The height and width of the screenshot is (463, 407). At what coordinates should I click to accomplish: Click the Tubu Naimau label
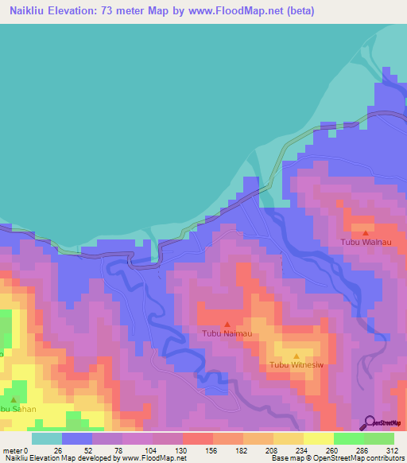[x=227, y=333]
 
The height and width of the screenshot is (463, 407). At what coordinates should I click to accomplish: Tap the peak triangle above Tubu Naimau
[x=227, y=324]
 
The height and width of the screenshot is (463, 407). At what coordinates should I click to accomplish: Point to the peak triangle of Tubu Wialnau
[x=365, y=232]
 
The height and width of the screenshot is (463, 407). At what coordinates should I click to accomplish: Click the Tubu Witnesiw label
[x=296, y=365]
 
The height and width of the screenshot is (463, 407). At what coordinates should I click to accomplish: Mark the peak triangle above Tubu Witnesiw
[x=297, y=356]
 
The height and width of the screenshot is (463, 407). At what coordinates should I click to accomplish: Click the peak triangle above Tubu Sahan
[x=14, y=399]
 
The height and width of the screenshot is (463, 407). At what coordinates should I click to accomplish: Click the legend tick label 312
[x=393, y=450]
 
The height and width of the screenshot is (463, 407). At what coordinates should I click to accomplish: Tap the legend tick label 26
[x=57, y=450]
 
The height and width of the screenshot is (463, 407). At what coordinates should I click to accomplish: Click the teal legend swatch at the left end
[x=46, y=438]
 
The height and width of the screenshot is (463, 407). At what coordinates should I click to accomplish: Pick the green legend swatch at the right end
[x=379, y=438]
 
